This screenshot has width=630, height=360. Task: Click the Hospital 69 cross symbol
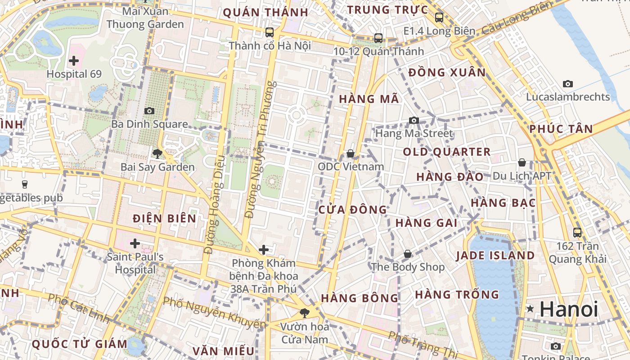click(x=74, y=60)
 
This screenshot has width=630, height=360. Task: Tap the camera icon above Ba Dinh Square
click(x=149, y=111)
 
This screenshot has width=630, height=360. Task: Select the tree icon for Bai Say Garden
click(x=157, y=154)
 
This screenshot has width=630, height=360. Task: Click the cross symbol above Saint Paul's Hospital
click(x=135, y=243)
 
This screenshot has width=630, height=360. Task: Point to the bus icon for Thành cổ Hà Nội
click(x=270, y=32)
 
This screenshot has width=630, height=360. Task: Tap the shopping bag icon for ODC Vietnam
click(x=351, y=154)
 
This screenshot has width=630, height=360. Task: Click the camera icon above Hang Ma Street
click(x=414, y=120)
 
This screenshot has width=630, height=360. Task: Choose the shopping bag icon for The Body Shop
click(x=408, y=254)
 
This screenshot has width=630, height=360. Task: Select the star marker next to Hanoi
click(x=531, y=309)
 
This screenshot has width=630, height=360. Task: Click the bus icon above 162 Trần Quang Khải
click(x=577, y=233)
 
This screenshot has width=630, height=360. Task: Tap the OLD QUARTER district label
click(x=447, y=152)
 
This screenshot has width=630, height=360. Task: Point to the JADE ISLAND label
click(x=495, y=256)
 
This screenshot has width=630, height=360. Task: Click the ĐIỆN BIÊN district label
click(x=165, y=219)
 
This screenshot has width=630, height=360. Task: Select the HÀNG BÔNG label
click(x=360, y=298)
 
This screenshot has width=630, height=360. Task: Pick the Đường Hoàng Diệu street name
click(x=214, y=205)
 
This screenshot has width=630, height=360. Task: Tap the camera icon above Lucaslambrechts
click(x=568, y=84)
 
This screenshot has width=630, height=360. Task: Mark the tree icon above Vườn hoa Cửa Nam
click(x=305, y=313)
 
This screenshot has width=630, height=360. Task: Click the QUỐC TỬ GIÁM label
click(x=80, y=344)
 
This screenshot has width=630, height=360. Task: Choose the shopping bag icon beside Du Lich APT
click(x=522, y=162)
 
